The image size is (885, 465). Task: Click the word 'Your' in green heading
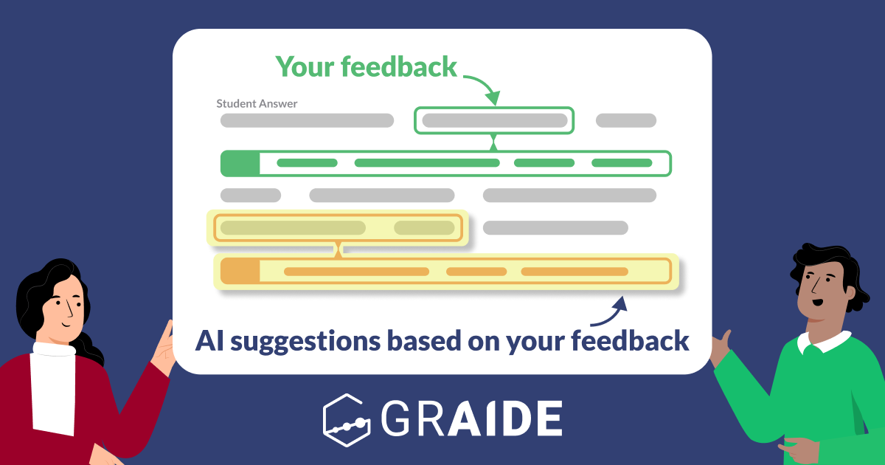pyautogui.click(x=305, y=67)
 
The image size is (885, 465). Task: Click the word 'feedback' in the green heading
pyautogui.click(x=399, y=67)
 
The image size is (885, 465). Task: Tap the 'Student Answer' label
pyautogui.click(x=257, y=104)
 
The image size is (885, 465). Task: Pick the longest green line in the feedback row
pyautogui.click(x=426, y=163)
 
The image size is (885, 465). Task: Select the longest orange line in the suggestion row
pyautogui.click(x=356, y=272)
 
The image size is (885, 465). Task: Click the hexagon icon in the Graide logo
pyautogui.click(x=346, y=418)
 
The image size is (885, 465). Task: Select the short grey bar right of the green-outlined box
pyautogui.click(x=625, y=121)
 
